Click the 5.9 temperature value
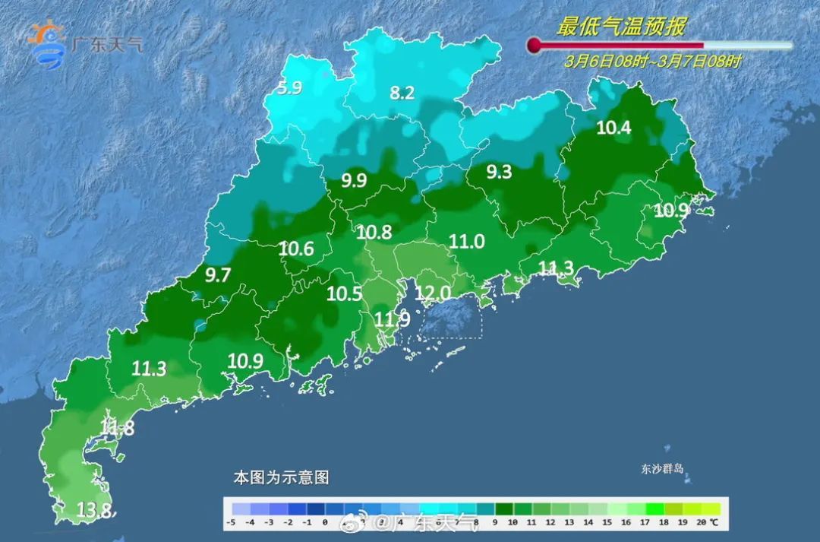point(289,88)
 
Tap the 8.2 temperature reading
point(402,94)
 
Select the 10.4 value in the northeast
point(613,128)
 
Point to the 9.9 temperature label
point(354,181)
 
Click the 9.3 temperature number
point(499,173)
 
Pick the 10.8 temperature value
point(374,233)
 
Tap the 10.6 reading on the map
point(296,249)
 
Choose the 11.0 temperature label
point(467,242)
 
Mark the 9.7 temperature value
point(218,276)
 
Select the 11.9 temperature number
point(393,320)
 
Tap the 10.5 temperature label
point(344,294)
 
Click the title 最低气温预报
point(621,27)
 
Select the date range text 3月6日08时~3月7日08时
point(652,62)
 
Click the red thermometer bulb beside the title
point(535,46)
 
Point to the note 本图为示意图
point(281,478)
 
